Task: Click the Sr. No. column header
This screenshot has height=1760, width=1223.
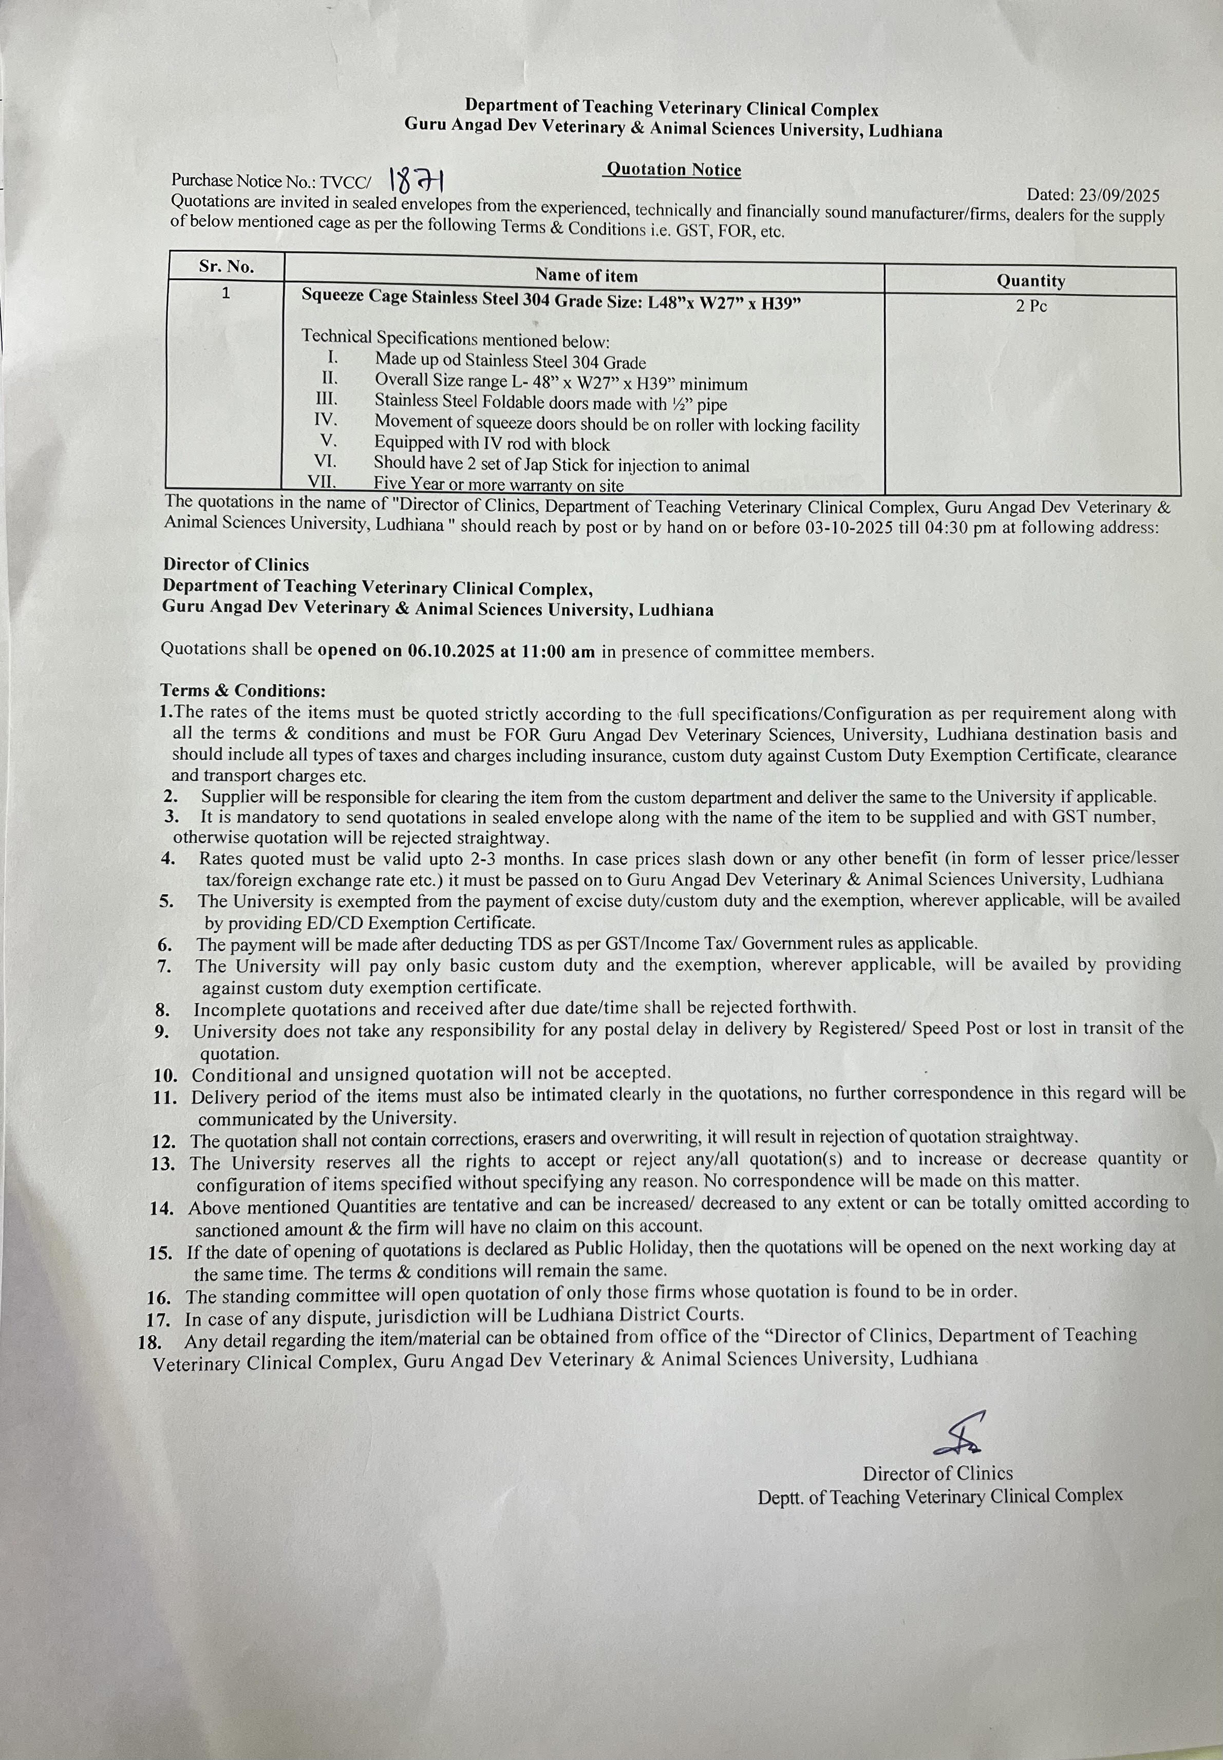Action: [x=226, y=267]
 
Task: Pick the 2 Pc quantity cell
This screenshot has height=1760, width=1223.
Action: [x=1031, y=306]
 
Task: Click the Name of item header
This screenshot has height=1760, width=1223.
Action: [x=586, y=275]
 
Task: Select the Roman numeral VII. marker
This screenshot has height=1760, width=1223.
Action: [x=322, y=482]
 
